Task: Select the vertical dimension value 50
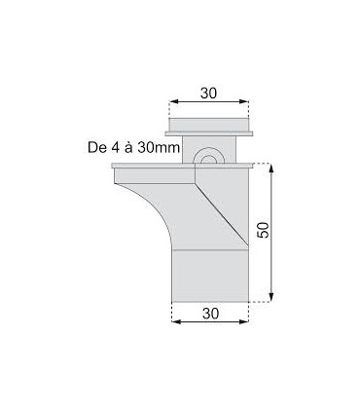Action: (264, 231)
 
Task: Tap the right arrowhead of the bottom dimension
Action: (247, 325)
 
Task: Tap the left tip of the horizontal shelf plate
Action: (115, 168)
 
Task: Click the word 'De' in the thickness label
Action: (94, 148)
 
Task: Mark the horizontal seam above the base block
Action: (210, 249)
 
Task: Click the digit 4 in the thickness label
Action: (111, 148)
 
